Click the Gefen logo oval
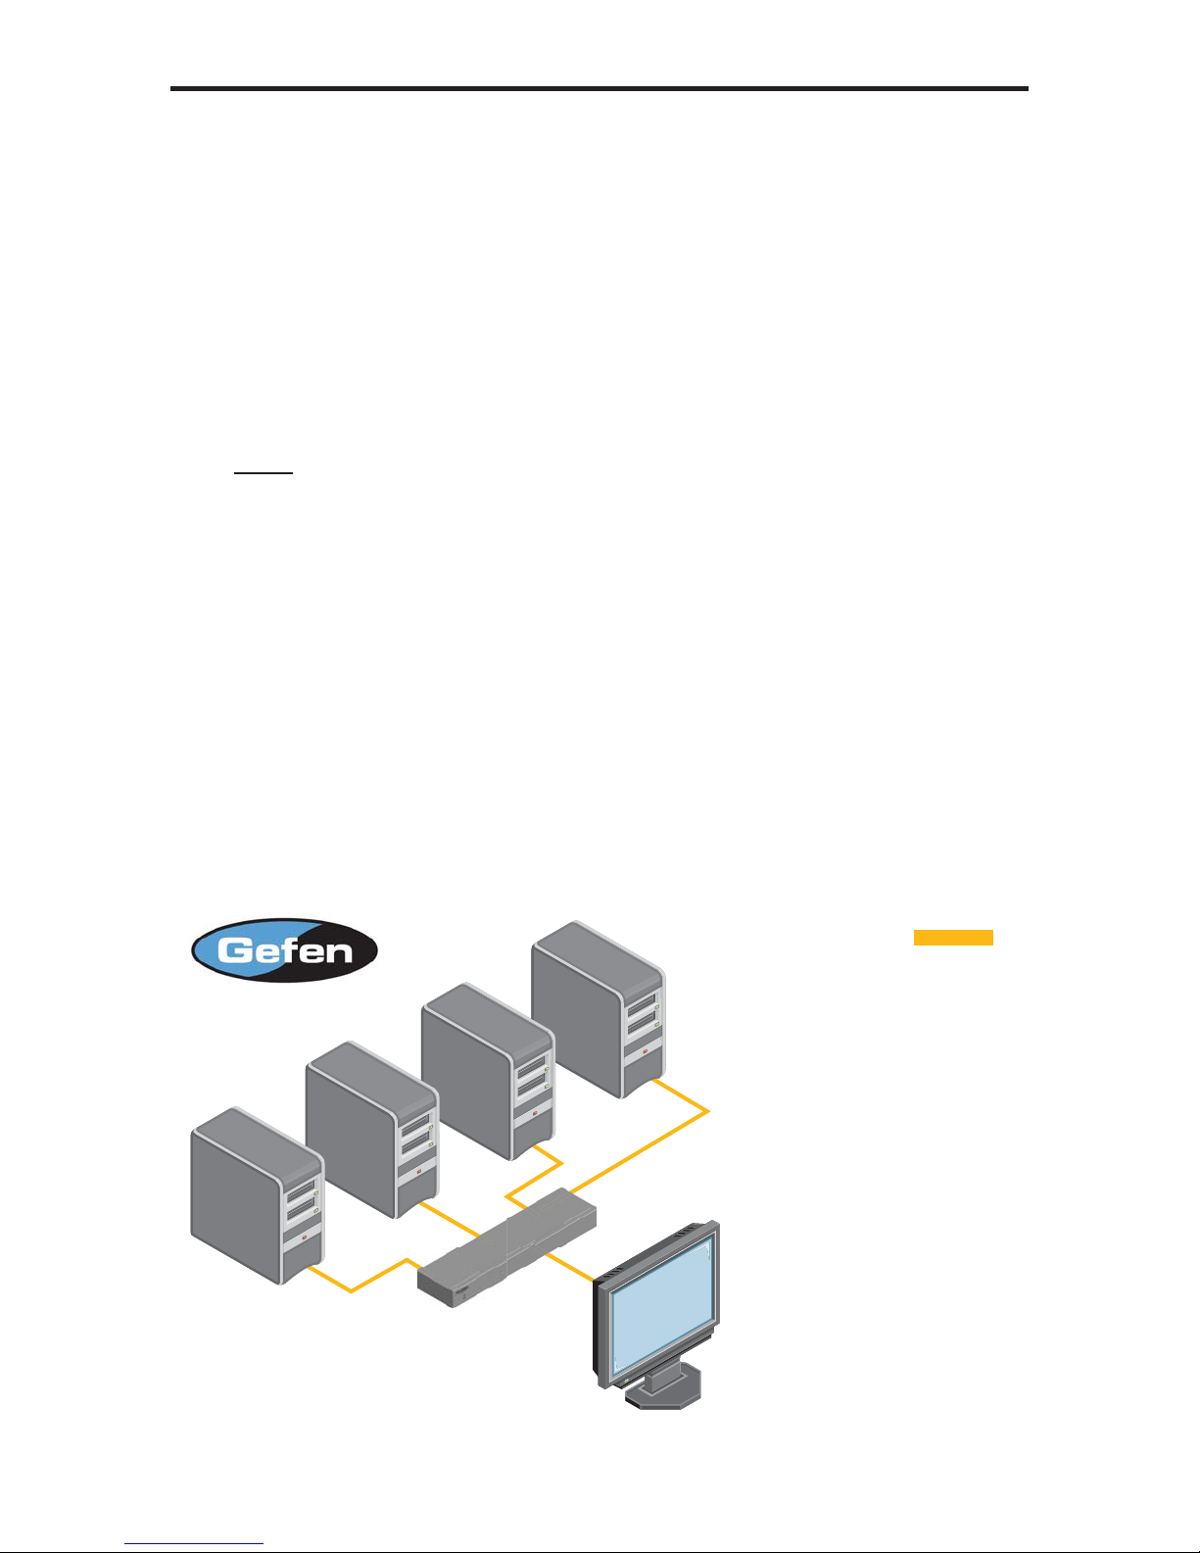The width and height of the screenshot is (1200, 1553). pyautogui.click(x=284, y=949)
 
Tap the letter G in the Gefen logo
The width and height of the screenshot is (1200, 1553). pyautogui.click(x=236, y=950)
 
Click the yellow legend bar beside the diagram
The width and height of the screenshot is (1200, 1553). pyautogui.click(x=953, y=938)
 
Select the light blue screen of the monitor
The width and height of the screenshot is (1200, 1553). pyautogui.click(x=661, y=1303)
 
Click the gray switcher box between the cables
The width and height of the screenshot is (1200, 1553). pyautogui.click(x=507, y=1247)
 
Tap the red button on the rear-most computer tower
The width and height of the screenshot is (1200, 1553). pyautogui.click(x=645, y=1052)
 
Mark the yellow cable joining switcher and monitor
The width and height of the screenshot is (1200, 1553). pyautogui.click(x=568, y=1266)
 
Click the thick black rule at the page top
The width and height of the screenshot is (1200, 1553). pyautogui.click(x=600, y=89)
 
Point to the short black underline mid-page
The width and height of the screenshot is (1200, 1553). pyautogui.click(x=264, y=473)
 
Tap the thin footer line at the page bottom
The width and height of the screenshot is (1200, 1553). pyautogui.click(x=195, y=1545)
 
